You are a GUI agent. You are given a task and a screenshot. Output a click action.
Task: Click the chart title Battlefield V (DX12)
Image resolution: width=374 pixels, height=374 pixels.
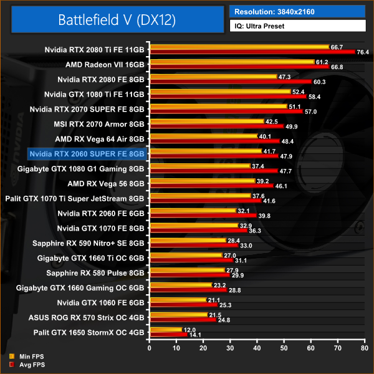click(117, 19)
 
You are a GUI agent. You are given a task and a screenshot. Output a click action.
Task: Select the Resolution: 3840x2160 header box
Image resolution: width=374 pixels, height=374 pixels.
click(297, 11)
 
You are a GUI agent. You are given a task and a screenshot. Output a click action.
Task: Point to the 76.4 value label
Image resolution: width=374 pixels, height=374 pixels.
click(363, 52)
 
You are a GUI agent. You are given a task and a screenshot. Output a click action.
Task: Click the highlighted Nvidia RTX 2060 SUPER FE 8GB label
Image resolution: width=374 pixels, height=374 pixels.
click(87, 153)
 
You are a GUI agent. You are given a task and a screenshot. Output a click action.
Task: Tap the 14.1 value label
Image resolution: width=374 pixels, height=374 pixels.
click(196, 335)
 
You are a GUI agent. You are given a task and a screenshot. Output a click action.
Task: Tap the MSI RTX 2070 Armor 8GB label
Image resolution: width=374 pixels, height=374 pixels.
click(100, 123)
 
